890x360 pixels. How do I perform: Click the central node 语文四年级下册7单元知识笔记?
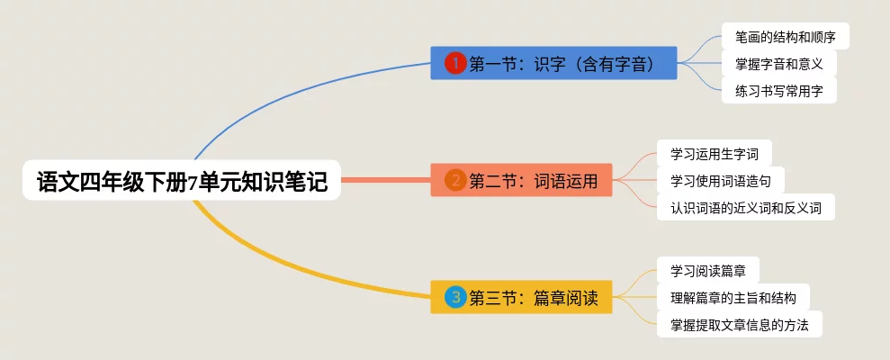pyautogui.click(x=181, y=181)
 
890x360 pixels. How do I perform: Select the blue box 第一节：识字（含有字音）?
pyautogui.click(x=553, y=63)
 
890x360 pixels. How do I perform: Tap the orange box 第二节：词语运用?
pyautogui.click(x=521, y=180)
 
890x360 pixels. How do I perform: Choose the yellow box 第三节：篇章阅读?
pyautogui.click(x=521, y=297)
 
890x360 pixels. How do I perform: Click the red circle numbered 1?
pyautogui.click(x=456, y=63)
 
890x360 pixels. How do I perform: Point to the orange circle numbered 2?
pyautogui.click(x=456, y=180)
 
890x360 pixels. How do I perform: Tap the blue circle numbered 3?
pyautogui.click(x=456, y=297)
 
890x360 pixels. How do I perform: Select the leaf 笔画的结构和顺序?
pyautogui.click(x=785, y=37)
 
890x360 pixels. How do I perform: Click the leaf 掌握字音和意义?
pyautogui.click(x=778, y=64)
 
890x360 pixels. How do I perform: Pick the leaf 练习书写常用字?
pyautogui.click(x=778, y=91)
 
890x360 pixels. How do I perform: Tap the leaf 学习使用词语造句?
pyautogui.click(x=720, y=181)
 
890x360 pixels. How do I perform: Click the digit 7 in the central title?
pyautogui.click(x=193, y=183)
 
